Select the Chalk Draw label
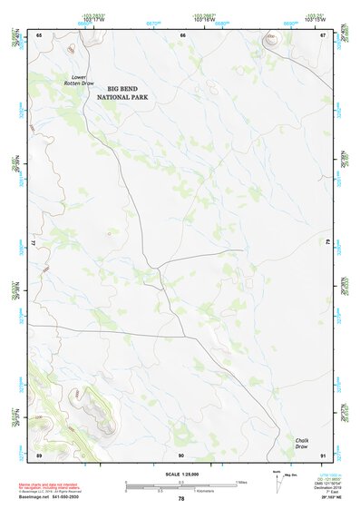(302, 444)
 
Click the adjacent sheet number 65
(39, 34)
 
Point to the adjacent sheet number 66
(183, 34)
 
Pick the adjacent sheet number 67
(323, 34)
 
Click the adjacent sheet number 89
(39, 454)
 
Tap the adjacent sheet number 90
(181, 454)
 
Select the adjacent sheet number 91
(323, 454)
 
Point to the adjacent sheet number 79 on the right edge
(328, 242)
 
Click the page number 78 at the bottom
(181, 498)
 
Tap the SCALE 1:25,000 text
(180, 475)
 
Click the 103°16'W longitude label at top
(203, 19)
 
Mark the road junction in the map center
(159, 267)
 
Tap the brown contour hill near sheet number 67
(270, 40)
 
